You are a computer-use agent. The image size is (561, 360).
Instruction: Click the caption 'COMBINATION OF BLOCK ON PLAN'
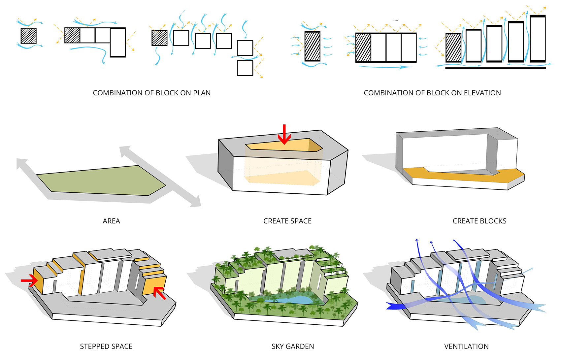152,93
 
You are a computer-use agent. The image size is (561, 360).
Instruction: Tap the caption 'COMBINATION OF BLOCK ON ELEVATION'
432,93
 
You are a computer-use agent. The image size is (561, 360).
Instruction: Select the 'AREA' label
111,221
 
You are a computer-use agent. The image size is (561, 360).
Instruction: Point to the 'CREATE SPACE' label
287,221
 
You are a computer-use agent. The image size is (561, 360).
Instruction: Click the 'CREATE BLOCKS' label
479,221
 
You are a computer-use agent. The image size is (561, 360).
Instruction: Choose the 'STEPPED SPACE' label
106,346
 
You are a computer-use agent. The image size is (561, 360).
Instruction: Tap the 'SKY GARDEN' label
293,346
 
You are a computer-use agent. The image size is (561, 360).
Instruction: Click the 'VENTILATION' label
466,346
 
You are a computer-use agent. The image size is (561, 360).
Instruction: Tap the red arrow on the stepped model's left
29,280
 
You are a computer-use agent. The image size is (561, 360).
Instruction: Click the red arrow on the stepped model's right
160,293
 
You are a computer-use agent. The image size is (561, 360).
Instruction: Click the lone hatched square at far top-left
29,36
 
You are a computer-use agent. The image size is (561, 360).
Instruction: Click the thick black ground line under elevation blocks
495,68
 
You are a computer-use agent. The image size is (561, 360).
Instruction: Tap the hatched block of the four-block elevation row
363,48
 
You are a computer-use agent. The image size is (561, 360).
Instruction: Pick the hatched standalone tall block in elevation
312,46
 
